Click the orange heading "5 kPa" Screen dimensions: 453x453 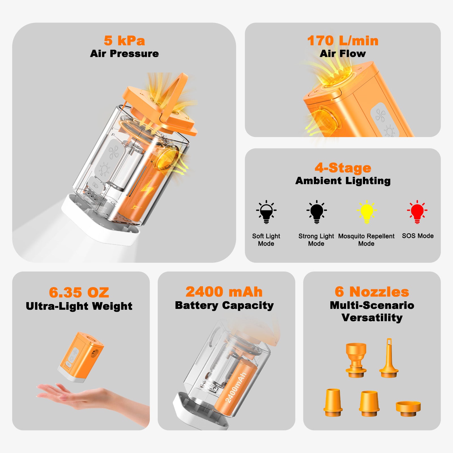pos(124,40)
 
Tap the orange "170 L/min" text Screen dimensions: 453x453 pos(343,40)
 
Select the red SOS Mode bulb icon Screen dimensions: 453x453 pos(417,212)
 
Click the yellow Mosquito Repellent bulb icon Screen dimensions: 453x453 pos(367,212)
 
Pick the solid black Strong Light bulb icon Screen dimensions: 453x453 pos(317,212)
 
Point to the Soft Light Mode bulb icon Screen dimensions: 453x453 pos(266,212)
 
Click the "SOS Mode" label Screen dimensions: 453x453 pos(418,236)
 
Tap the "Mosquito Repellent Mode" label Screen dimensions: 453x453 pos(366,240)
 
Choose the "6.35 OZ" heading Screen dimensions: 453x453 pos(79,292)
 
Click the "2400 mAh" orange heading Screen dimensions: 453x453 pos(224,292)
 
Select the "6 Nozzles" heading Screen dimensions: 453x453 pos(372,292)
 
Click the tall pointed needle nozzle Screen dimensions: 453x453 pos(389,358)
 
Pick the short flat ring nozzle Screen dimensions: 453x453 pos(408,409)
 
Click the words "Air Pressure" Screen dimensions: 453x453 pos(124,54)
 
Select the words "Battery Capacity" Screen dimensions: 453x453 pos(224,305)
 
